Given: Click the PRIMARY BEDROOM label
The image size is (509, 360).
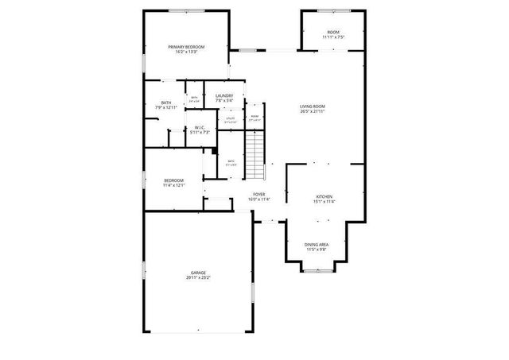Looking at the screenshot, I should [x=186, y=48].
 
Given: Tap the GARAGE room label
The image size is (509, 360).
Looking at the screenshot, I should [x=198, y=273].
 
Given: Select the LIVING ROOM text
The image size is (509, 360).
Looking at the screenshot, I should [x=313, y=106].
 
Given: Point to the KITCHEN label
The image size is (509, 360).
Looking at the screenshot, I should [x=324, y=196].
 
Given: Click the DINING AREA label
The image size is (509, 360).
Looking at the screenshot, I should [x=317, y=245].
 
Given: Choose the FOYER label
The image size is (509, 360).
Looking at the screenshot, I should [x=259, y=195].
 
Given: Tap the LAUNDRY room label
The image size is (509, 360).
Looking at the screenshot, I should [x=224, y=96].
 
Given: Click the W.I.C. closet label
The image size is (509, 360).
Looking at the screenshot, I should [x=200, y=127].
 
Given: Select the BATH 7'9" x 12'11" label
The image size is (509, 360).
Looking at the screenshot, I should [x=166, y=103].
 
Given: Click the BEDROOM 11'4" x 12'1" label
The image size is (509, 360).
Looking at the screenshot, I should [x=173, y=180].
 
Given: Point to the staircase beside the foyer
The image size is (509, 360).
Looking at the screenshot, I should [x=253, y=155].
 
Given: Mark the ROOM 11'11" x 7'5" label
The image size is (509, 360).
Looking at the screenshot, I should [x=333, y=32].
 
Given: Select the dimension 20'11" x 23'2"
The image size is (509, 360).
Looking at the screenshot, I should [x=198, y=277].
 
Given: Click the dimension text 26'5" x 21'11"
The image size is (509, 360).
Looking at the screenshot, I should [x=313, y=111].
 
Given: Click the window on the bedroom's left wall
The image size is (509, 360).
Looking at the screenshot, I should [x=143, y=180].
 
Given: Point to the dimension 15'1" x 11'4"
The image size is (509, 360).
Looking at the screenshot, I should [x=324, y=201].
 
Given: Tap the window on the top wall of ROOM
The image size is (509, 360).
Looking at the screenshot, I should [x=332, y=10].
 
